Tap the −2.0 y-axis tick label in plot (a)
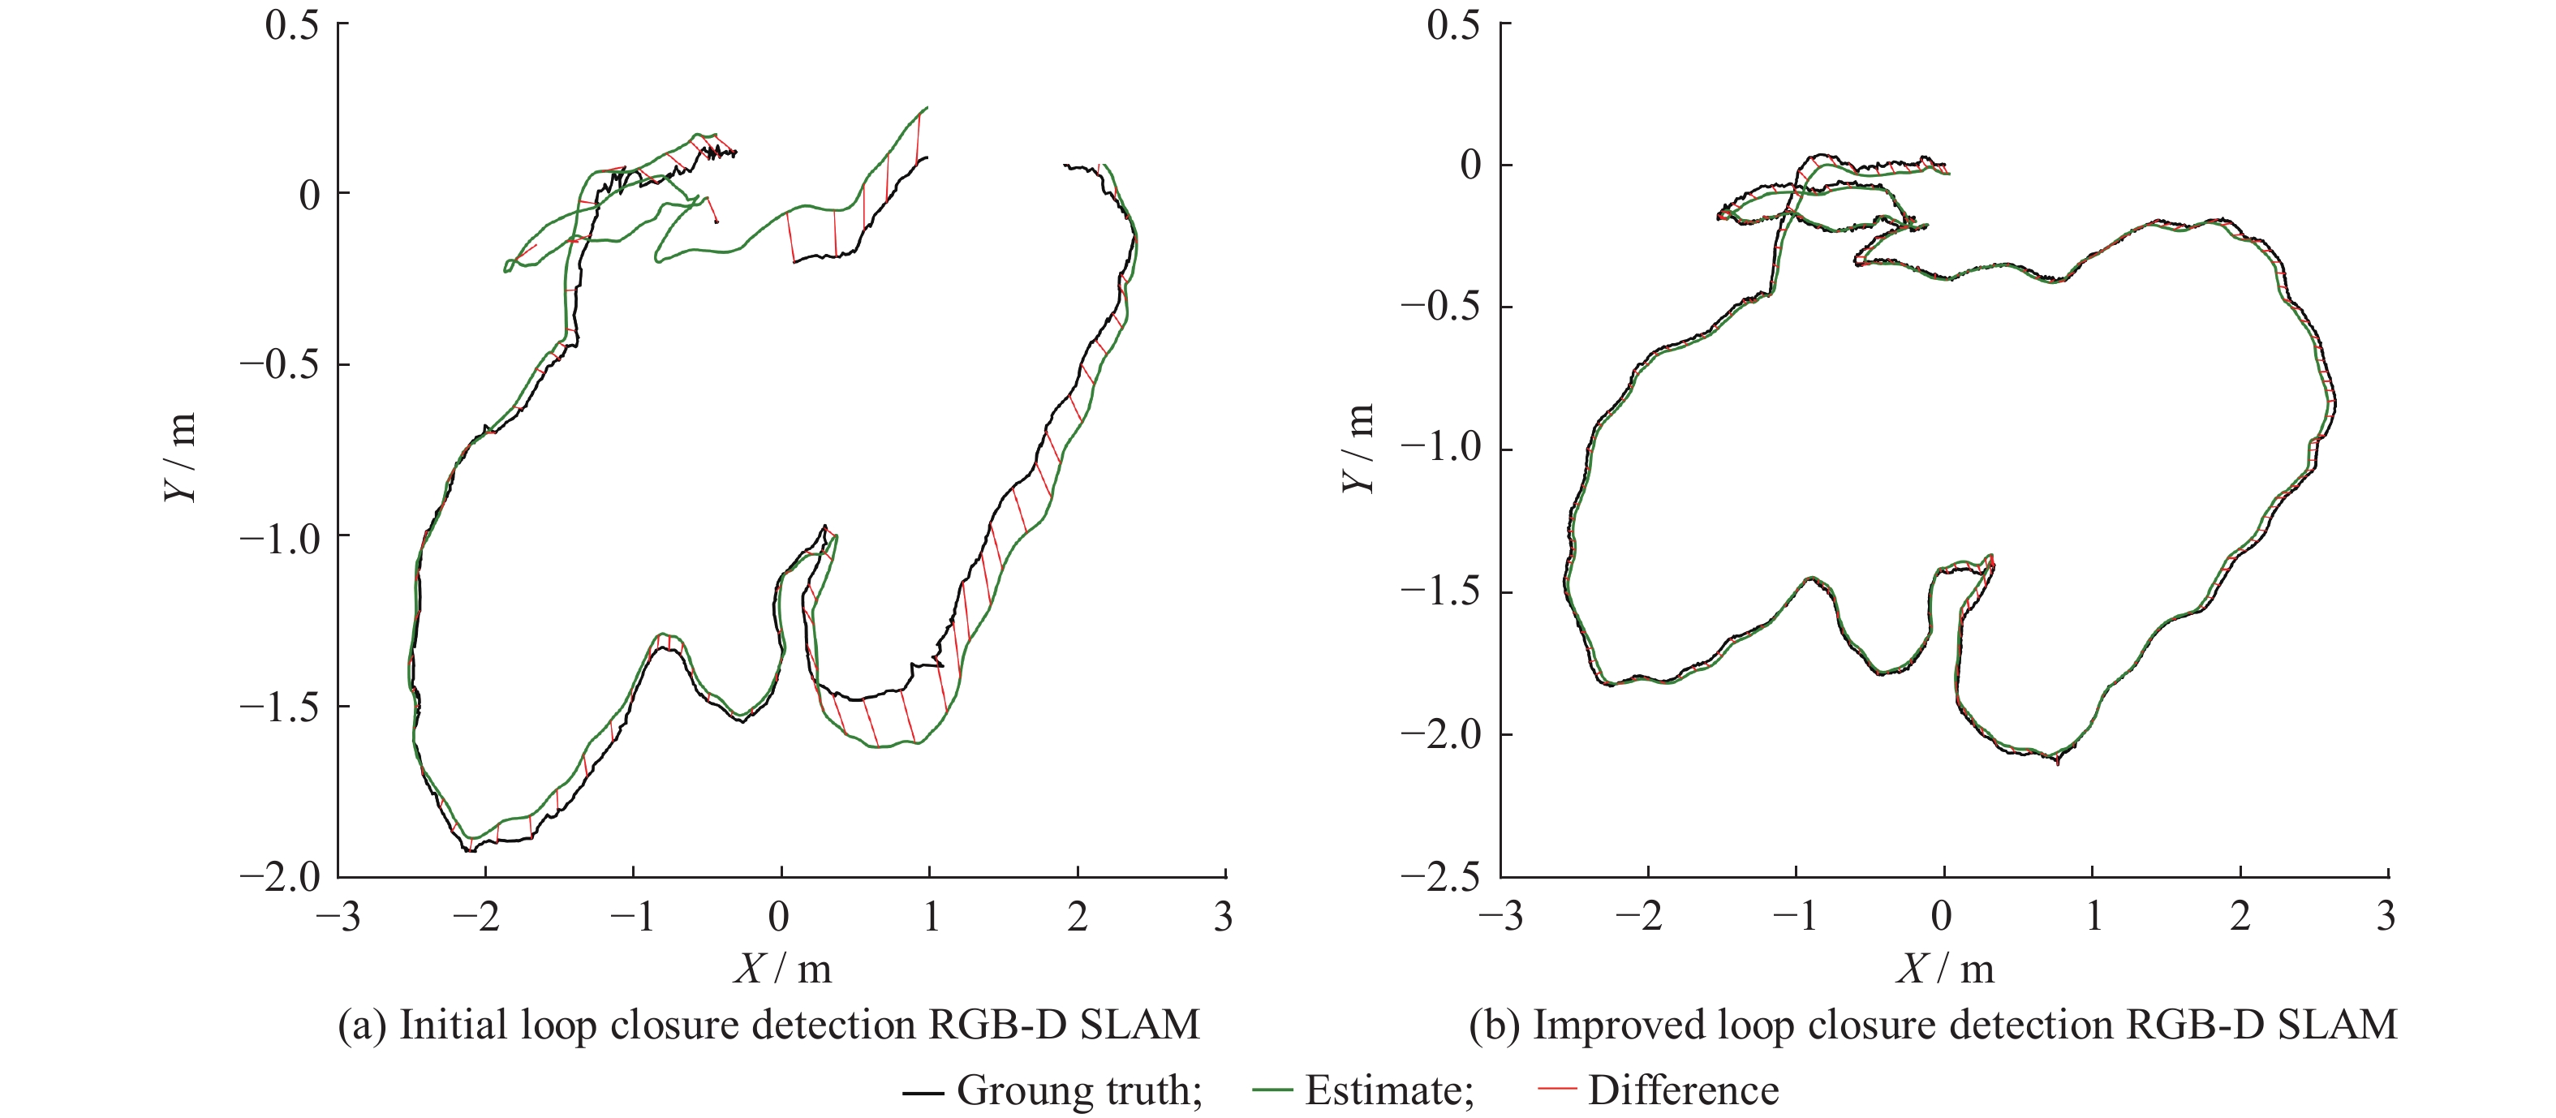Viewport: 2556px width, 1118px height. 281,876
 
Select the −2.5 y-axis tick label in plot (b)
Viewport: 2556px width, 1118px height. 1439,876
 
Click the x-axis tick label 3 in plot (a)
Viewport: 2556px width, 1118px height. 1224,917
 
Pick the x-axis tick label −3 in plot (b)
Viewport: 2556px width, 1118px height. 1500,917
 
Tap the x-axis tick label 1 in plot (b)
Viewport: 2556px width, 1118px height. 2093,917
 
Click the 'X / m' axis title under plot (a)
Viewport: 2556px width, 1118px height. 783,967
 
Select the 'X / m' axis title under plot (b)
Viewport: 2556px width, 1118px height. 1945,967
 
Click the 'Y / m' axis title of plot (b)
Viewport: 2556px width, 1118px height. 1360,449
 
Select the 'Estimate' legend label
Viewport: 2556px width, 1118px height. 1388,1090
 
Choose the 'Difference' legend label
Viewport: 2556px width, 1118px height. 1683,1090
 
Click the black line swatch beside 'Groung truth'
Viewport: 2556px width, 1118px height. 922,1092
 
